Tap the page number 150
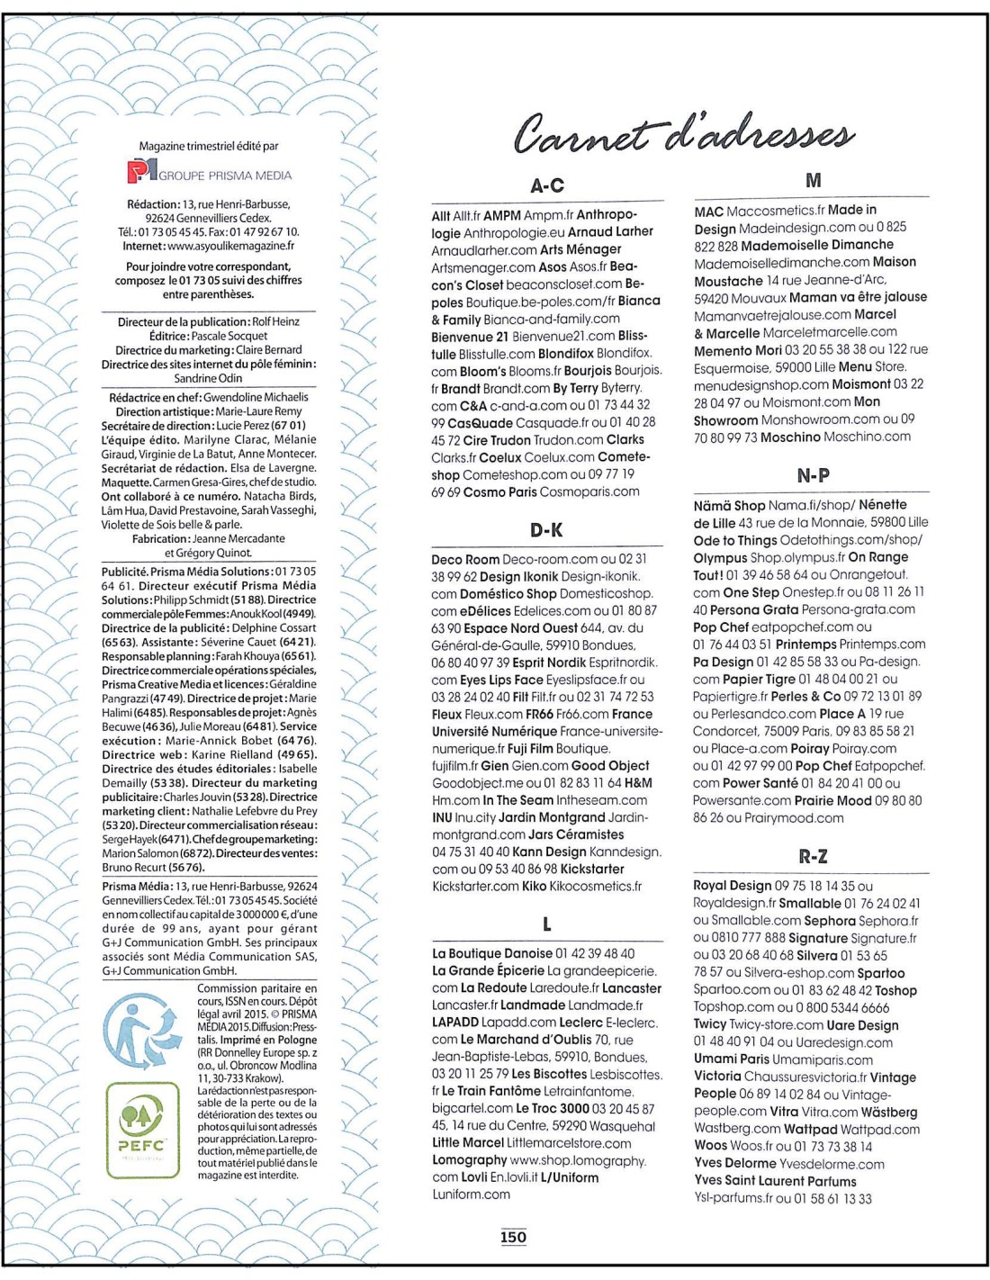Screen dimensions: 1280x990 (513, 1237)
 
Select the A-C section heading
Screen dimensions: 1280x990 (547, 186)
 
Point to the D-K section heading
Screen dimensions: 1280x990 (546, 530)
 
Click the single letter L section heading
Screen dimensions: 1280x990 (547, 924)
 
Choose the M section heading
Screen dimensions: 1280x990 (813, 181)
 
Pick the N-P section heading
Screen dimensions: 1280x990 (813, 475)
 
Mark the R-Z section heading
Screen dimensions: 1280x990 (813, 856)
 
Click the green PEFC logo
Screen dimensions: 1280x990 (142, 1130)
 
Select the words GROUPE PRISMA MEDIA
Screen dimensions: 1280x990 (225, 176)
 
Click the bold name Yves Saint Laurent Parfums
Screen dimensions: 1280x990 (775, 1181)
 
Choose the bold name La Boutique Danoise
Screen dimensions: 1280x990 (492, 953)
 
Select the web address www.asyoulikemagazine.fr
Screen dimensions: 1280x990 (230, 246)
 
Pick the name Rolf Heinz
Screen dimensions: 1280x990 (276, 321)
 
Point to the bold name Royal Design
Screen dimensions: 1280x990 (733, 886)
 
